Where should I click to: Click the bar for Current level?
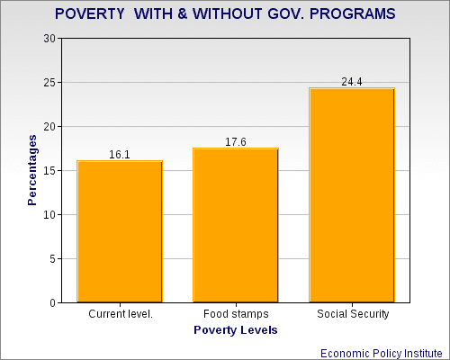(x=120, y=231)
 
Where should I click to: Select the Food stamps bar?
(x=236, y=225)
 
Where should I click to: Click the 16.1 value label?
(x=120, y=155)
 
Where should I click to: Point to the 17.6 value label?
(x=236, y=141)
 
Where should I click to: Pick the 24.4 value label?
(x=352, y=82)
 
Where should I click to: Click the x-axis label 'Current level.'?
(x=120, y=315)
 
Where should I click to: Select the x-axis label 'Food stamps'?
(x=236, y=315)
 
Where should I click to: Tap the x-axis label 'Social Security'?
(x=352, y=315)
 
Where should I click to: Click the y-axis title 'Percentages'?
(x=32, y=170)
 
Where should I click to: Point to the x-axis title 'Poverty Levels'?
(x=236, y=330)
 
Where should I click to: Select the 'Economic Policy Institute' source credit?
(x=384, y=351)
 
